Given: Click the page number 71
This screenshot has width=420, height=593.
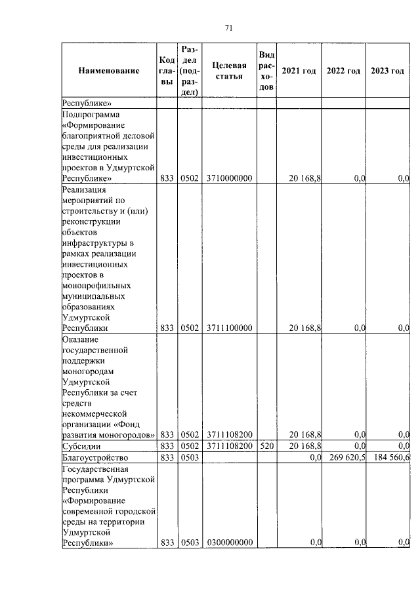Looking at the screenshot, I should point(229,28).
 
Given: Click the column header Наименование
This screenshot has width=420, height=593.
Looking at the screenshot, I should point(109,71).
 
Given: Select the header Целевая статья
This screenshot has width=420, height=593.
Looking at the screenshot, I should point(230,71).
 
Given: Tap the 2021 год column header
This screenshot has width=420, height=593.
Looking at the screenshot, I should point(299,71).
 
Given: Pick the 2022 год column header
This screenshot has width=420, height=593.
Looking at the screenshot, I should point(343,71).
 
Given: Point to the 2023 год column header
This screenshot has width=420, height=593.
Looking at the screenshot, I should point(387,71).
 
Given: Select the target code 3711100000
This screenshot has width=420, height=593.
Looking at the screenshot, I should point(230,328).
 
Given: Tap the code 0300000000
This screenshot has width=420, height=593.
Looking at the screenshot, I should point(230,543).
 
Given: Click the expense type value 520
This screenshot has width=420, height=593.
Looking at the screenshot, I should point(265,446).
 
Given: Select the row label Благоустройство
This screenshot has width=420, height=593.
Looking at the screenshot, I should point(94,457).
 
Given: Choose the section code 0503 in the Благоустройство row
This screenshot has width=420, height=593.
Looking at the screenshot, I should point(189,457).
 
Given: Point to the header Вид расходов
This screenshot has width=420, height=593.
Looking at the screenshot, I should point(265,71).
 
